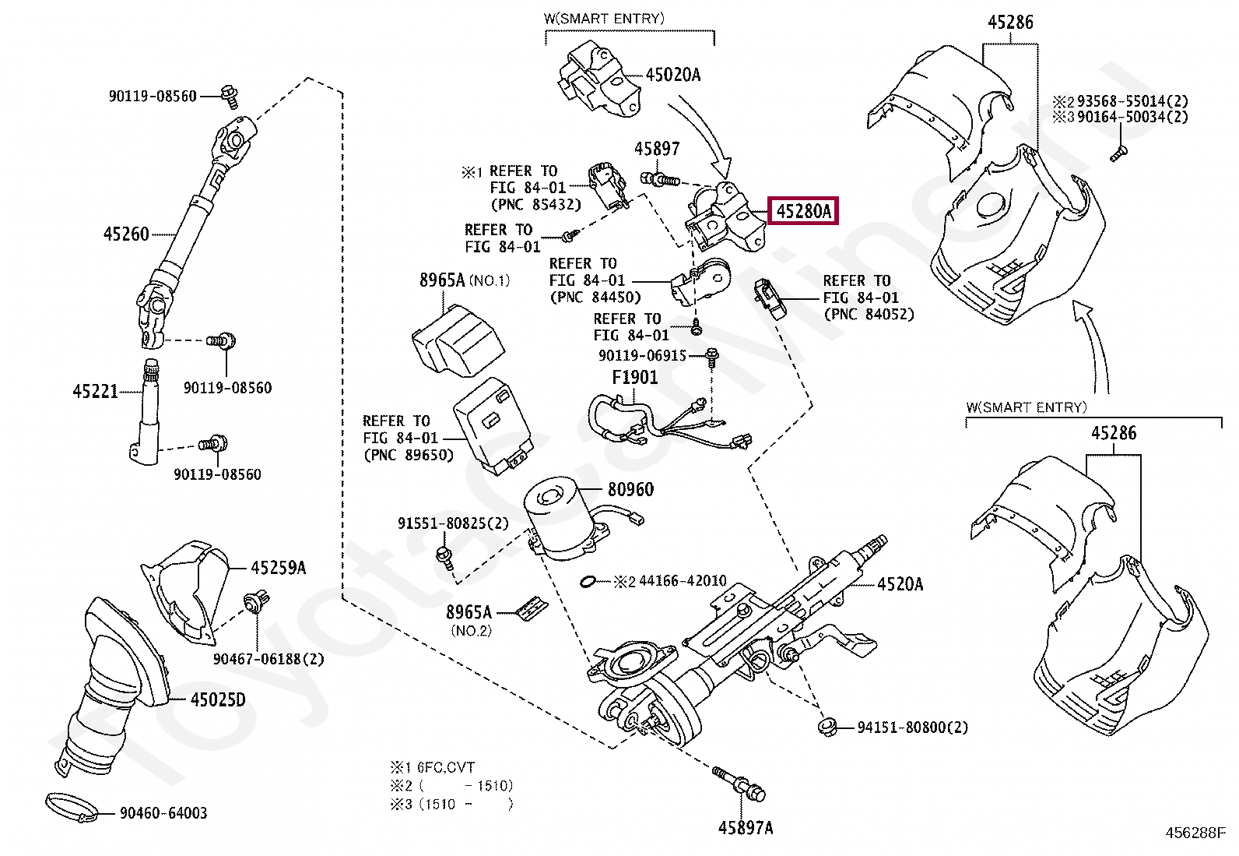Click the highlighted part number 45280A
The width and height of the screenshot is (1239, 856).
tap(802, 210)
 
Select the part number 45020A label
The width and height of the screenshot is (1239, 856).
tap(672, 75)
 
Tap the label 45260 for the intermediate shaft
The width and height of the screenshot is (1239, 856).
tap(126, 233)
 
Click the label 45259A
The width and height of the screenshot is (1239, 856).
tap(278, 568)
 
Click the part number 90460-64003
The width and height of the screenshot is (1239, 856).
tap(163, 814)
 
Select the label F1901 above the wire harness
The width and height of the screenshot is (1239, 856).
tap(634, 378)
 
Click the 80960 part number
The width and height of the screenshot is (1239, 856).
tap(630, 490)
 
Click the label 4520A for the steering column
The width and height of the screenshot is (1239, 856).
tap(900, 583)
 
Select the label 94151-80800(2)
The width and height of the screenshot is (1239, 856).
tap(912, 727)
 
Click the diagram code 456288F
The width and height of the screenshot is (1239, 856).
tap(1195, 833)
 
